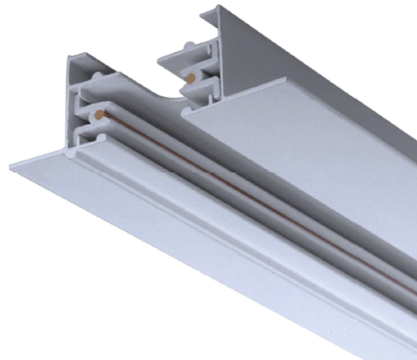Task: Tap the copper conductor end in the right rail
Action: point(191,79)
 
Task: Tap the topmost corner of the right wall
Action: point(219,7)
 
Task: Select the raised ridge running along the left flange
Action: point(206,238)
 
